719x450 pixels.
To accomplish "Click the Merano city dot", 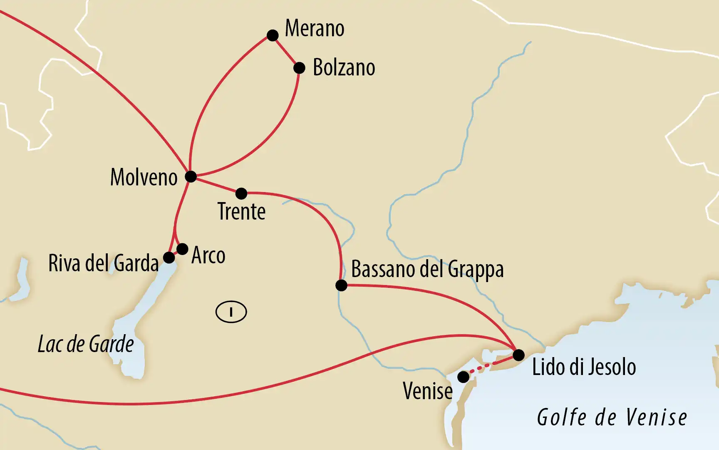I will [273, 35].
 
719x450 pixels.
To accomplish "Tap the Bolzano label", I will [344, 67].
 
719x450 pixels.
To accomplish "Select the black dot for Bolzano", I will [299, 68].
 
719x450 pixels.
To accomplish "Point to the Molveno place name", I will [144, 177].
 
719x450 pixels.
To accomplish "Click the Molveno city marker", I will [191, 177].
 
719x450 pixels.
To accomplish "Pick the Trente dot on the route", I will [241, 193].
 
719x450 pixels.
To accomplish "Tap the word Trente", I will [241, 212].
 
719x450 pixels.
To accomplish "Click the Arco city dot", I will [182, 249].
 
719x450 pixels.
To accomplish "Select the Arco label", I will [208, 255].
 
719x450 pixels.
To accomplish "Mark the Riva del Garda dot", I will [169, 257].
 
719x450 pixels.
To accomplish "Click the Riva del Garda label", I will [103, 263].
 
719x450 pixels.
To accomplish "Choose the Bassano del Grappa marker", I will [341, 285].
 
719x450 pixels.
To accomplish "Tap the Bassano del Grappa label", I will [427, 270].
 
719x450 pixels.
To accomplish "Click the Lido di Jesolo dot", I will [518, 355].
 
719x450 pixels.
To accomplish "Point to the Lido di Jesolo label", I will [584, 367].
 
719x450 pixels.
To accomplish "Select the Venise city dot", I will [463, 377].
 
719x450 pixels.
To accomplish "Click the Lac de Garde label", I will [86, 345].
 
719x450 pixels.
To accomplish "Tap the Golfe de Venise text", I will [612, 417].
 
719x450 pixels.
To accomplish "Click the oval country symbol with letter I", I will [231, 312].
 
